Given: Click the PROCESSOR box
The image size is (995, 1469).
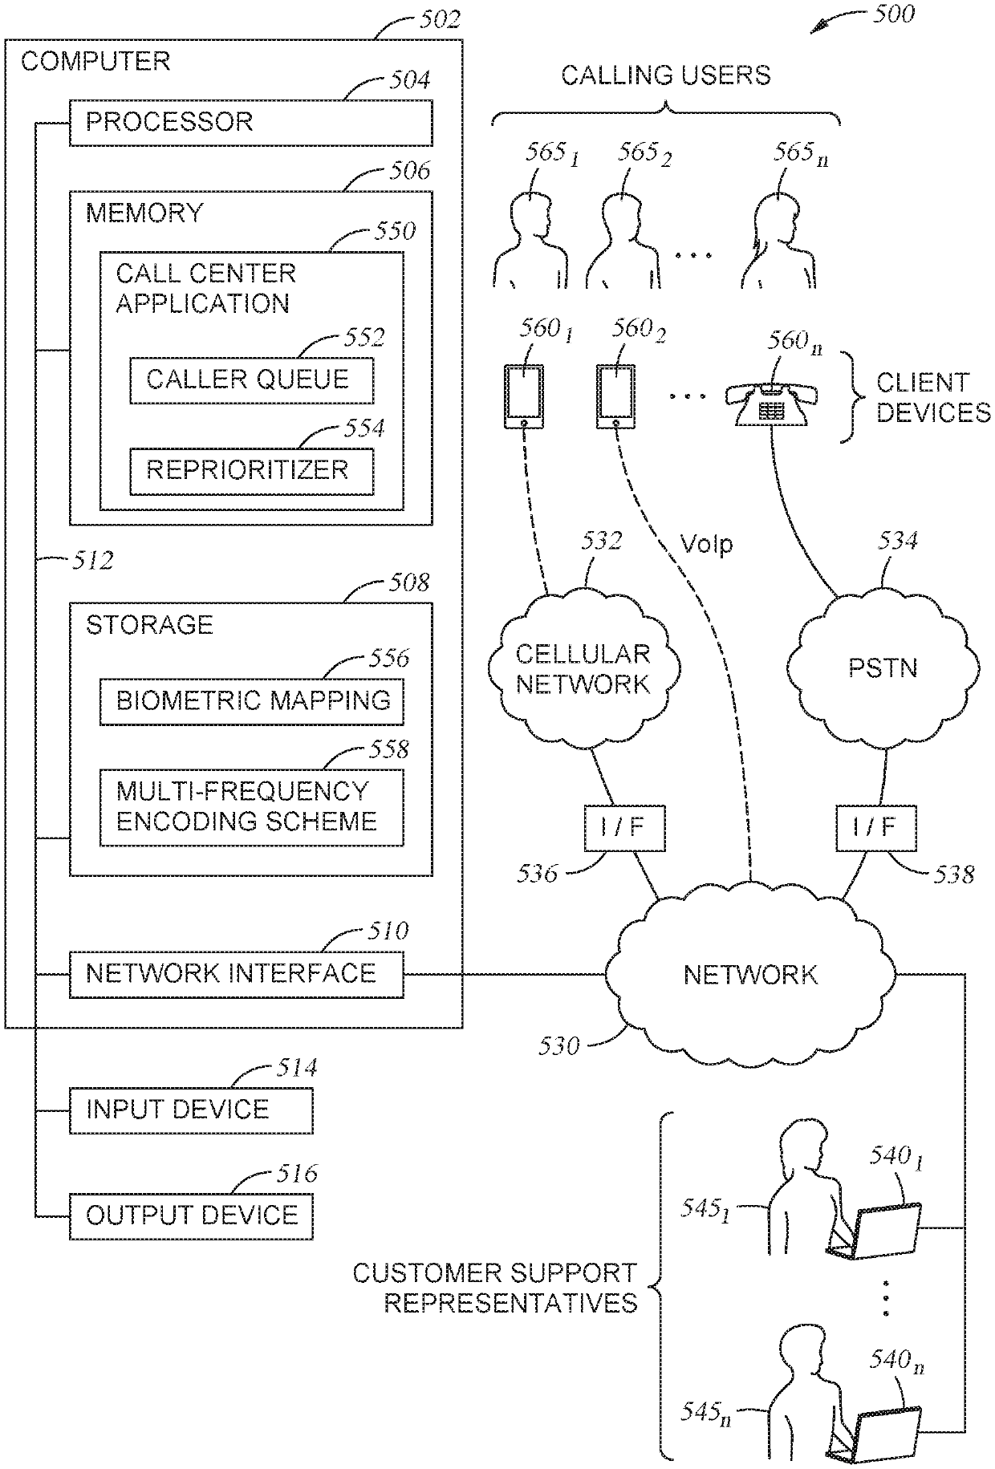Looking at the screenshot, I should pos(250,123).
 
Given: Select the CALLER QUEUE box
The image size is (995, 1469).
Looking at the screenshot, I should pos(251,380).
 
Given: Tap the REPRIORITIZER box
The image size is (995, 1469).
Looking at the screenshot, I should pos(251,471).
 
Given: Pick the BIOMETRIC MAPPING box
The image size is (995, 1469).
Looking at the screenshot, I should pos(251,701).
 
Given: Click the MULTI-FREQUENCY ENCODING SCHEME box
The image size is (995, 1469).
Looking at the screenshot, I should pos(251,807).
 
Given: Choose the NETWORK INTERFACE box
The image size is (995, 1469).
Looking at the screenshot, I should pos(236,975).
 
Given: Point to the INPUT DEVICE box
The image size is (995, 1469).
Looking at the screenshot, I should pos(191,1110).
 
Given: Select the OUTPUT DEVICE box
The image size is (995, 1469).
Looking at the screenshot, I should pos(191,1216).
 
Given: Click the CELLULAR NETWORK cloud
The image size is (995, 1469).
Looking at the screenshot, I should pos(583,669).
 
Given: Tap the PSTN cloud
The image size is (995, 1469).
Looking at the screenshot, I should pos(883,669).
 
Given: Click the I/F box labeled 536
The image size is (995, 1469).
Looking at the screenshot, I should pos(623,828).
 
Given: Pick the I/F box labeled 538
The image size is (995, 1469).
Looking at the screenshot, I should pos(875,828).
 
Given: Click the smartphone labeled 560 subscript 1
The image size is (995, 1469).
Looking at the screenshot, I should pos(523,396).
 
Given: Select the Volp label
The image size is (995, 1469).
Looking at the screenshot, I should pos(706,545).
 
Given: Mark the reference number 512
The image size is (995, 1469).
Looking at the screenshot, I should pos(92,560).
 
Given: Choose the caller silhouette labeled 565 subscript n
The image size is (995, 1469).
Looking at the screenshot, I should pos(777,241).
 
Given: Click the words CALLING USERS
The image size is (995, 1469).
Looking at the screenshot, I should pos(665,75).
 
